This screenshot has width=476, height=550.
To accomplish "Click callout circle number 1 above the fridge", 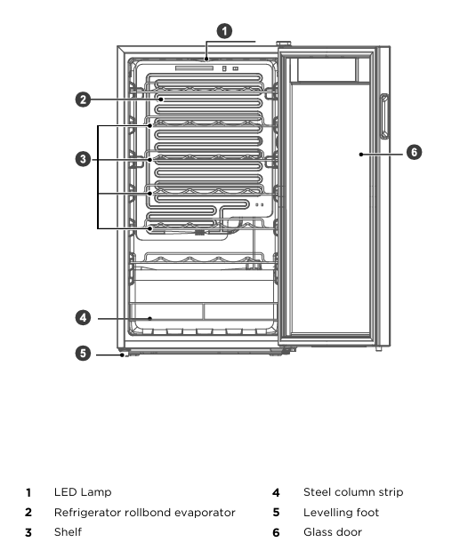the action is (224, 31).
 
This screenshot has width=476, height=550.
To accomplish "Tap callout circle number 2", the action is (83, 100).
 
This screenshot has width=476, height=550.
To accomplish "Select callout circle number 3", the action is (83, 159).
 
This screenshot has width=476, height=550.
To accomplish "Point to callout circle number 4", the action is (83, 318).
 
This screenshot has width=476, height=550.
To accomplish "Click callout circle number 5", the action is (83, 353).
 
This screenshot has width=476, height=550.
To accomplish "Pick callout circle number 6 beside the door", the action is (414, 152).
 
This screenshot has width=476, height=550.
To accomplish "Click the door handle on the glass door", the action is (384, 116).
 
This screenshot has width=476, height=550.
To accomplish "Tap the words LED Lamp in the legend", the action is (83, 492).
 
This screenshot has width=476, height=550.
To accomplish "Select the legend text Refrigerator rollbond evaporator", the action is (145, 513).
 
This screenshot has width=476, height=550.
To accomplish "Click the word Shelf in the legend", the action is (69, 532).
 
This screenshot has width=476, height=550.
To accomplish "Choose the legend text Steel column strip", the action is (353, 492).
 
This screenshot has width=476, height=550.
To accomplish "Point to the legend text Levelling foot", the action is (342, 513).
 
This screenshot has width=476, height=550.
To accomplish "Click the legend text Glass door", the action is (333, 532).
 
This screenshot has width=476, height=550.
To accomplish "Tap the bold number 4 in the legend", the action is (276, 492).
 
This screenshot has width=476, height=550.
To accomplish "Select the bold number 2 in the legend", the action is (28, 513).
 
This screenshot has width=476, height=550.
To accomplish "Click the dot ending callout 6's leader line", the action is (360, 155).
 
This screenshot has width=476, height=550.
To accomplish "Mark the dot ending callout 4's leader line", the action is (150, 318).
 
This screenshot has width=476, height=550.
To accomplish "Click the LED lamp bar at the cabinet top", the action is (194, 68).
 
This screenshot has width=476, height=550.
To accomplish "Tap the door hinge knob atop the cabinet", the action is (284, 44).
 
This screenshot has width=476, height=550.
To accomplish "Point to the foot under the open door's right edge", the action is (379, 348).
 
